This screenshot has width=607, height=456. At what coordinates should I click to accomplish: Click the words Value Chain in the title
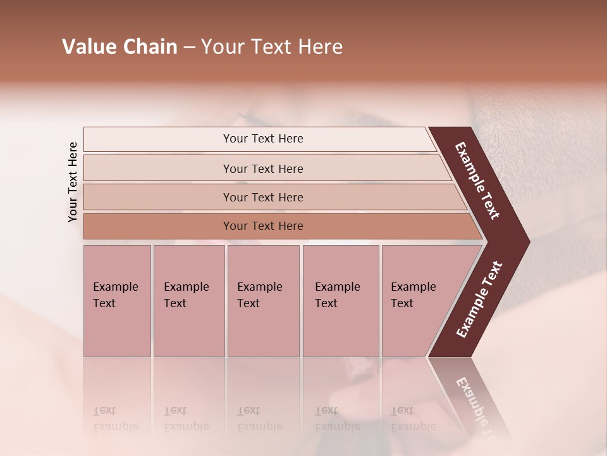pyautogui.click(x=120, y=47)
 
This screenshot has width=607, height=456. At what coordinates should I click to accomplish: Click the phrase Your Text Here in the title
pyautogui.click(x=272, y=47)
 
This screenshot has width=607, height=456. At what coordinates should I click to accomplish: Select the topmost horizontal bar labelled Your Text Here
pyautogui.click(x=262, y=139)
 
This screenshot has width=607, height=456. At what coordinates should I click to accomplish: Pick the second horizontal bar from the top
pyautogui.click(x=262, y=168)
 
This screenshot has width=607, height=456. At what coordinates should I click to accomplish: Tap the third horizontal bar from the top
pyautogui.click(x=262, y=197)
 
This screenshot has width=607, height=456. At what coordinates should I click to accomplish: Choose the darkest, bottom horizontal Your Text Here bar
pyautogui.click(x=262, y=225)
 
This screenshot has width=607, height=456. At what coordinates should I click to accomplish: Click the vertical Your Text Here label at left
pyautogui.click(x=73, y=182)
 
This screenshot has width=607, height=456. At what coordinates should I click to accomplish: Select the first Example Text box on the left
pyautogui.click(x=117, y=300)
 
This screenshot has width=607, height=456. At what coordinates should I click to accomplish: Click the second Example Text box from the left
pyautogui.click(x=188, y=300)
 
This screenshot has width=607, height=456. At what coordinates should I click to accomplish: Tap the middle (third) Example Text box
pyautogui.click(x=263, y=300)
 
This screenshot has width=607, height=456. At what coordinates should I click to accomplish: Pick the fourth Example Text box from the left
pyautogui.click(x=341, y=300)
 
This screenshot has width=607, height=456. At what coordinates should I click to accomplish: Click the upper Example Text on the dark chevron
pyautogui.click(x=477, y=180)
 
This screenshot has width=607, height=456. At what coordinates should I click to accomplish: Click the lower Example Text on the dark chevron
pyautogui.click(x=479, y=300)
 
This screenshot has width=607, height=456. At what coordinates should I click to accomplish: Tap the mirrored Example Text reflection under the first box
pyautogui.click(x=116, y=419)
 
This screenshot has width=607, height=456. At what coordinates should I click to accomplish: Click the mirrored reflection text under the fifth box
pyautogui.click(x=413, y=419)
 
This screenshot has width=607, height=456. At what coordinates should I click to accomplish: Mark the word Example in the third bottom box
pyautogui.click(x=259, y=287)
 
